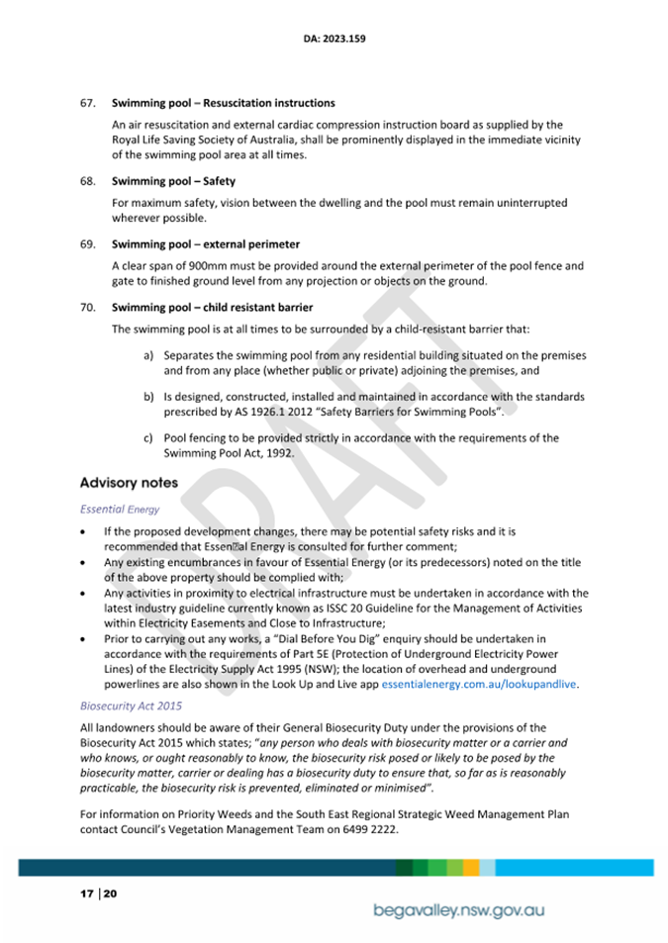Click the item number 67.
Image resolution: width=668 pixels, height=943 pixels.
pyautogui.click(x=88, y=103)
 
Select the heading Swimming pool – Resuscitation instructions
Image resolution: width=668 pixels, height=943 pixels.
pyautogui.click(x=223, y=103)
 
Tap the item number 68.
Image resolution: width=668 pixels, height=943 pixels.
pyautogui.click(x=88, y=181)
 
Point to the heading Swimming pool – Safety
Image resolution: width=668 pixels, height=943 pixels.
pyautogui.click(x=173, y=181)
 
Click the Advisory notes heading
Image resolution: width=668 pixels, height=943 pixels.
pyautogui.click(x=129, y=483)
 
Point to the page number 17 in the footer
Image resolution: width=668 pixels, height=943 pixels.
pyautogui.click(x=86, y=894)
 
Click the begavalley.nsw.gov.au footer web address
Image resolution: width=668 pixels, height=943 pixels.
pyautogui.click(x=459, y=909)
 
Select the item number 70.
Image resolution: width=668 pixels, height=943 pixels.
pyautogui.click(x=88, y=307)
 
